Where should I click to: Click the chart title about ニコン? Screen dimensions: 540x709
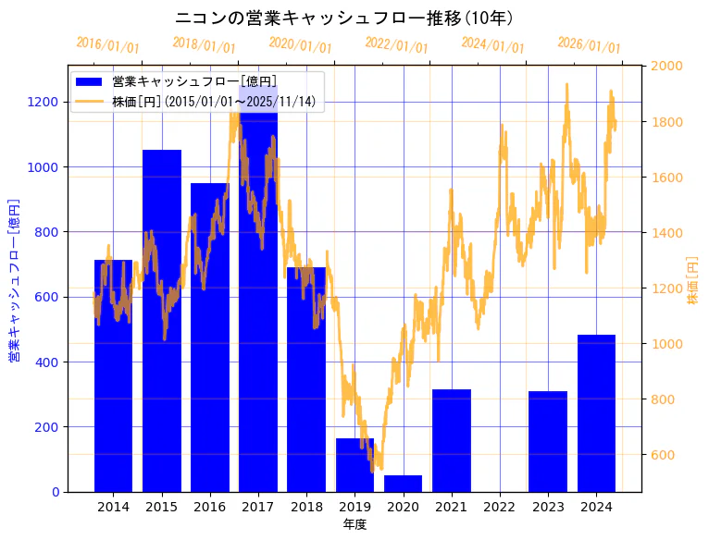click(x=344, y=18)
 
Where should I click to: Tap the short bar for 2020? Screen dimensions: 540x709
click(x=403, y=484)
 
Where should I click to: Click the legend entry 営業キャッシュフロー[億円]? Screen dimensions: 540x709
click(x=193, y=82)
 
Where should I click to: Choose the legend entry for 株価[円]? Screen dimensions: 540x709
click(x=217, y=101)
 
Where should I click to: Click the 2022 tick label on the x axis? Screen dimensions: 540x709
click(x=500, y=507)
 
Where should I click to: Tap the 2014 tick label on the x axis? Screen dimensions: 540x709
click(x=113, y=507)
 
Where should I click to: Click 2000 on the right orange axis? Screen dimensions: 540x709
click(x=666, y=66)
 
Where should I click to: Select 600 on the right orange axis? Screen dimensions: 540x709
click(x=663, y=455)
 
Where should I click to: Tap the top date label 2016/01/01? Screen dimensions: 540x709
click(x=108, y=44)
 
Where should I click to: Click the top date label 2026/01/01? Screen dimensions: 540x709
click(x=590, y=45)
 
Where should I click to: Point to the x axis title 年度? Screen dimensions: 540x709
click(x=354, y=524)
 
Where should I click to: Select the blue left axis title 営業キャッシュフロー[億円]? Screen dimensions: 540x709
click(x=14, y=278)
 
